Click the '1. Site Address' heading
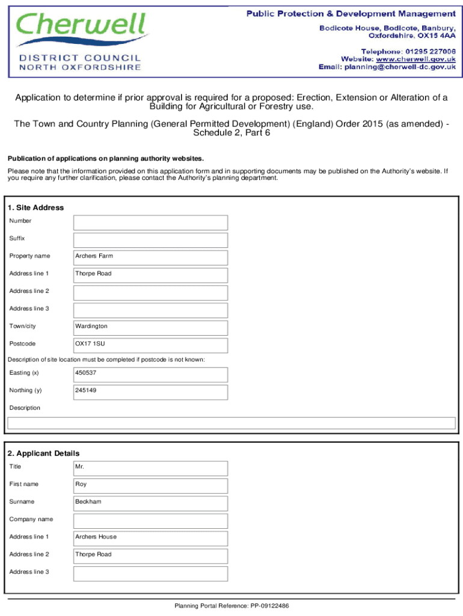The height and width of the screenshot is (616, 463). coord(35,208)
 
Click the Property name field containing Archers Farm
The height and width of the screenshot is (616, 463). coord(150,257)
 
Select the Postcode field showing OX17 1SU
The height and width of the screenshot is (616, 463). coord(150,345)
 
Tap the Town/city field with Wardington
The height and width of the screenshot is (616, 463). coord(150,328)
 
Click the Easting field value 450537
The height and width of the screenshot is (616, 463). coord(150,375)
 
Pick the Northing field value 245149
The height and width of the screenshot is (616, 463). coord(150,392)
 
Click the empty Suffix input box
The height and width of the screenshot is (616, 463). coord(150,240)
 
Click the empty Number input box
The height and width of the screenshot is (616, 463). coord(150,223)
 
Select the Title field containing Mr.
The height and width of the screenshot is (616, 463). coord(150,468)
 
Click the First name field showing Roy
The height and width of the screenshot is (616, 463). coord(150,485)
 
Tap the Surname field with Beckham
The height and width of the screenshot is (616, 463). coord(150,503)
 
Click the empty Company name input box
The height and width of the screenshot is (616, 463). coord(150,521)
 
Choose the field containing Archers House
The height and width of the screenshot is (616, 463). coord(150,538)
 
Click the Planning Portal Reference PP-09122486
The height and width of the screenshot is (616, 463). coord(231,606)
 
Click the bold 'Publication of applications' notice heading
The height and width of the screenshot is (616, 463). coord(105,159)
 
